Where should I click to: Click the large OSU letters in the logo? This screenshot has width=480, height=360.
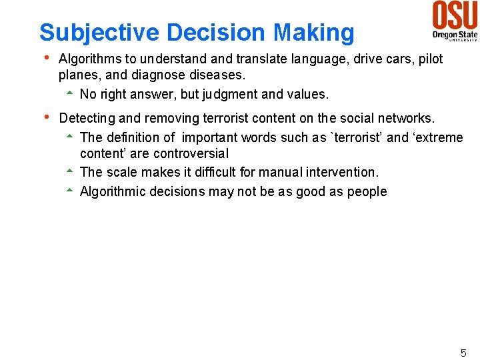point(455,15)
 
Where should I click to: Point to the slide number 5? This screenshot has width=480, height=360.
point(463,353)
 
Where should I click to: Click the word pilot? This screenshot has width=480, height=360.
point(428,59)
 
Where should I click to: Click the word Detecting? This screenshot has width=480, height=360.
point(87,119)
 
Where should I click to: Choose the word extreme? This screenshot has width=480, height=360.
point(438,138)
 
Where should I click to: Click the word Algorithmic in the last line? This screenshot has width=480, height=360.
point(113,192)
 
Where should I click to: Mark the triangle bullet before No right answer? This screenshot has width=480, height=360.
point(69,94)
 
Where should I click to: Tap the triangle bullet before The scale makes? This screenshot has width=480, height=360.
point(69,172)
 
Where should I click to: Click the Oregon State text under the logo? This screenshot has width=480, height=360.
point(454,33)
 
